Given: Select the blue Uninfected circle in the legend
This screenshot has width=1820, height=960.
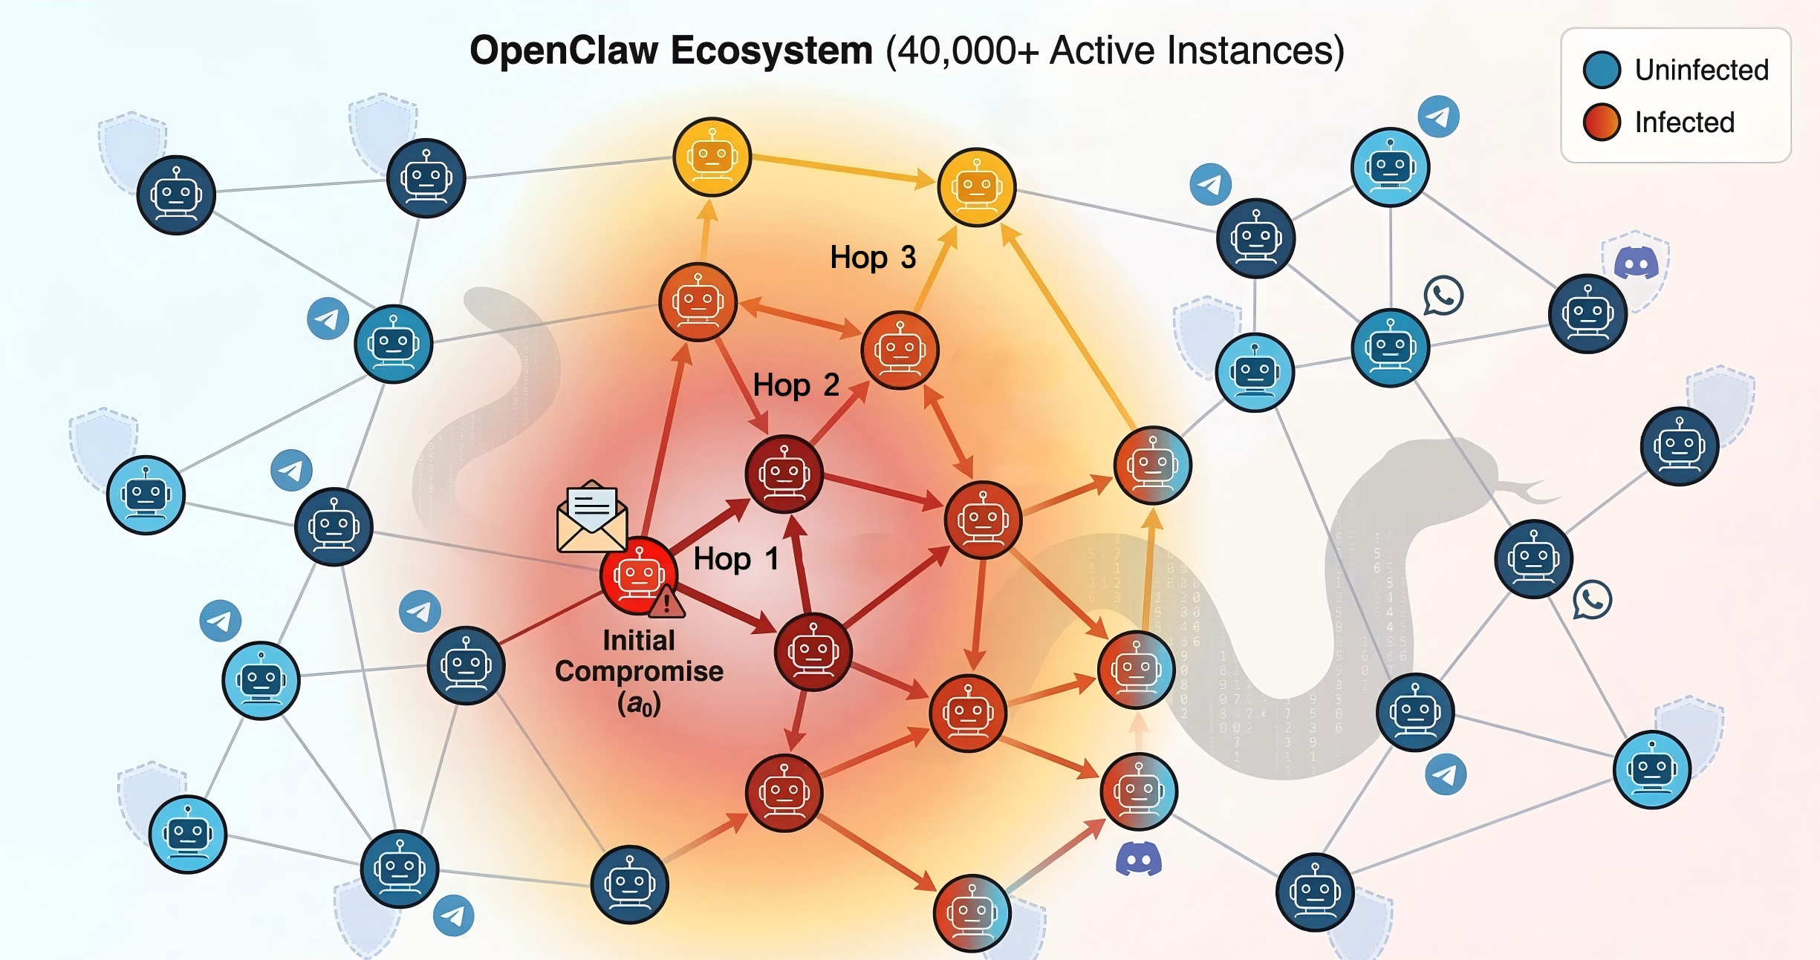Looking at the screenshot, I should click(x=1602, y=70).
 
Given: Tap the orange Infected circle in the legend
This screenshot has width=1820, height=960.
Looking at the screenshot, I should click(x=1602, y=122).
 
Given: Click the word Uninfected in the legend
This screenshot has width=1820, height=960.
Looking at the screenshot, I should click(x=1701, y=70).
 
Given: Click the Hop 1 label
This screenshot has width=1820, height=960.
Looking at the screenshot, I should click(x=735, y=558).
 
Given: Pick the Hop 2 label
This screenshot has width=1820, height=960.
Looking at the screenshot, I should click(x=796, y=385).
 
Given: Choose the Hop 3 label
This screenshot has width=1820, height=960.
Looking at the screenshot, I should click(x=873, y=257).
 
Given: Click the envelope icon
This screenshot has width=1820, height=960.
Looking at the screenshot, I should click(x=591, y=517).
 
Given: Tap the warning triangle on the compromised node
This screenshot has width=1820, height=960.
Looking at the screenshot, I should click(x=666, y=602).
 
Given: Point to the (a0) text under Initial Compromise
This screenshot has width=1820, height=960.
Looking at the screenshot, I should click(x=639, y=704).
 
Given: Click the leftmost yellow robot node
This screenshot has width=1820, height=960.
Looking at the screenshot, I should click(x=712, y=157).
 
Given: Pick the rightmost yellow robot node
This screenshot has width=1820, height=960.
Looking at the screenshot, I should click(x=976, y=186).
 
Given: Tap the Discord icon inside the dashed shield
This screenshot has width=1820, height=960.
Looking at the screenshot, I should click(x=1637, y=263).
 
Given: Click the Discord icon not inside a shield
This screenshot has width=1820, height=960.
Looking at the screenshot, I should click(x=1138, y=859).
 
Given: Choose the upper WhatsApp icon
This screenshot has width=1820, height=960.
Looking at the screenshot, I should click(x=1443, y=295).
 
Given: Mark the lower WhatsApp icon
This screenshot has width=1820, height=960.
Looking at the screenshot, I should click(x=1592, y=600).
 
